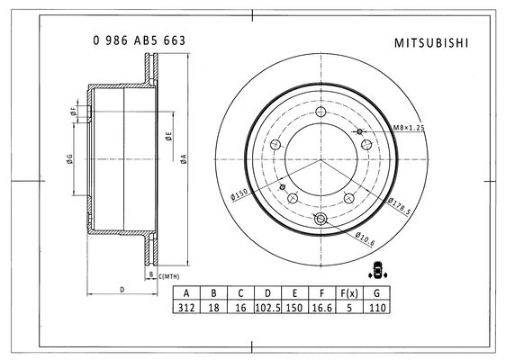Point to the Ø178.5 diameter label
(400, 205)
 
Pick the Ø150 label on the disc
(239, 193)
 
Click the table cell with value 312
(186, 308)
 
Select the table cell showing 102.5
(267, 308)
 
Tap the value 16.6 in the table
(321, 308)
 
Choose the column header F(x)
(348, 293)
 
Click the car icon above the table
(377, 268)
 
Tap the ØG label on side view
(68, 159)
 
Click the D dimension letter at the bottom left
(122, 290)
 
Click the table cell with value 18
(213, 308)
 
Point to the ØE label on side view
(167, 137)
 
